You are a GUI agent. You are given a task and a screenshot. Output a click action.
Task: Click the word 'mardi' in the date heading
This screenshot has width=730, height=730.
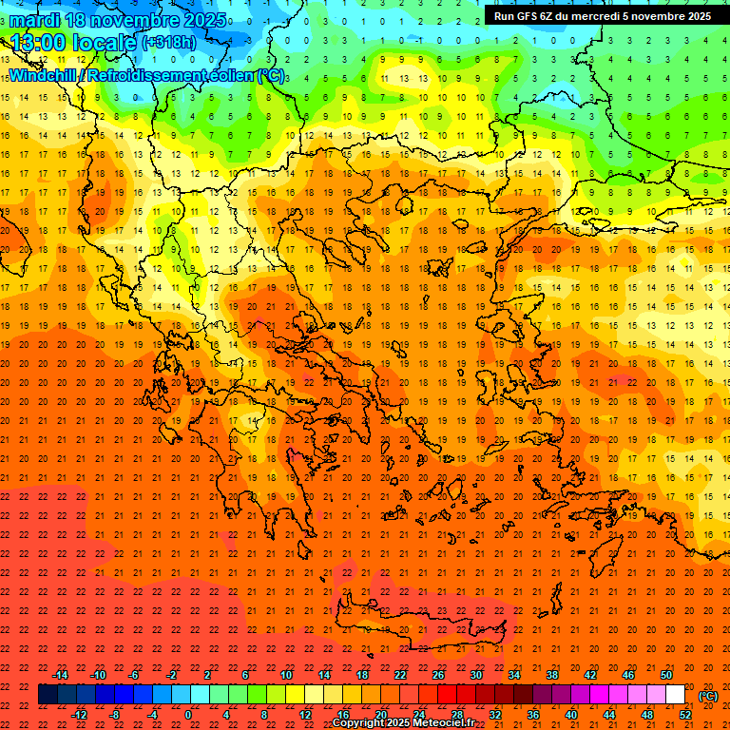(35, 20)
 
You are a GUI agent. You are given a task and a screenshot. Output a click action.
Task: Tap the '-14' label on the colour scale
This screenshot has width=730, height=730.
(60, 674)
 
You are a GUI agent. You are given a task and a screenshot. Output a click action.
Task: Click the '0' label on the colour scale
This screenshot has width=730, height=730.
(188, 714)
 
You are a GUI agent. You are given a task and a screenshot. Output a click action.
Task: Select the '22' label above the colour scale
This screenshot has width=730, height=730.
(400, 674)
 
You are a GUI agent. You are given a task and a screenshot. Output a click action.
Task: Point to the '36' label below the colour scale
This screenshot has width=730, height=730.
(533, 714)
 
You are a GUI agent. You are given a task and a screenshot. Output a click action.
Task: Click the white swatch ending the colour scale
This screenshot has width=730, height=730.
(674, 694)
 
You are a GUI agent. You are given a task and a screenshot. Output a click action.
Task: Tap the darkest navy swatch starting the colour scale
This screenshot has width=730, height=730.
(48, 694)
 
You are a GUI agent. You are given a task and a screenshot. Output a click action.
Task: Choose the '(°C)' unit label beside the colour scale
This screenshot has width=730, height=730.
(708, 696)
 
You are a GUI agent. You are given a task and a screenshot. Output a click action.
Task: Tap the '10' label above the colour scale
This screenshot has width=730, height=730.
(285, 674)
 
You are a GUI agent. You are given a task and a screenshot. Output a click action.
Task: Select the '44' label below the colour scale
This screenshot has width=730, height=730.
(610, 714)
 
